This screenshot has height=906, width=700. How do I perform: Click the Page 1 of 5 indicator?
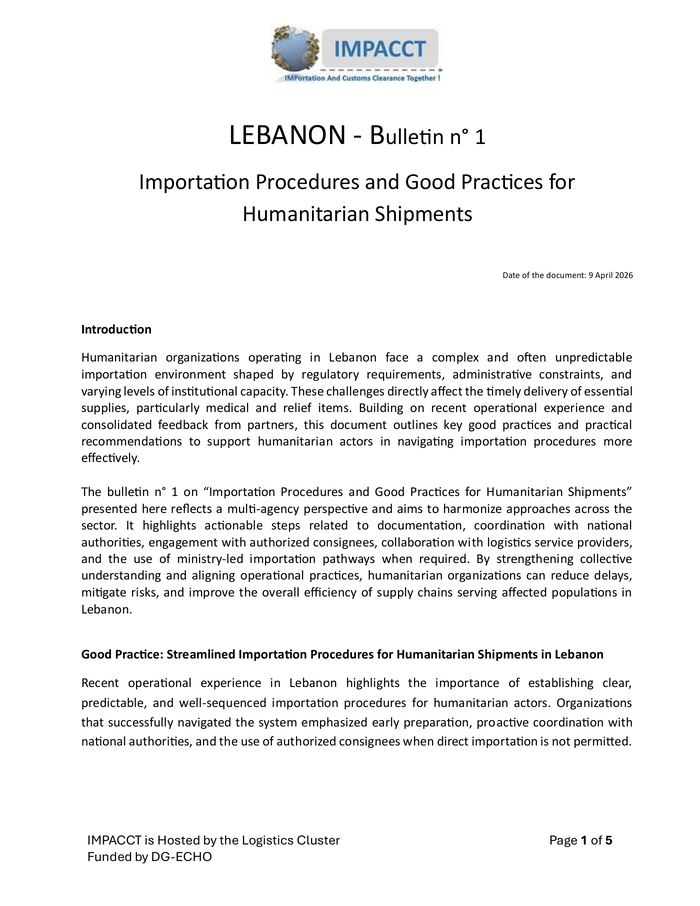(580, 840)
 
